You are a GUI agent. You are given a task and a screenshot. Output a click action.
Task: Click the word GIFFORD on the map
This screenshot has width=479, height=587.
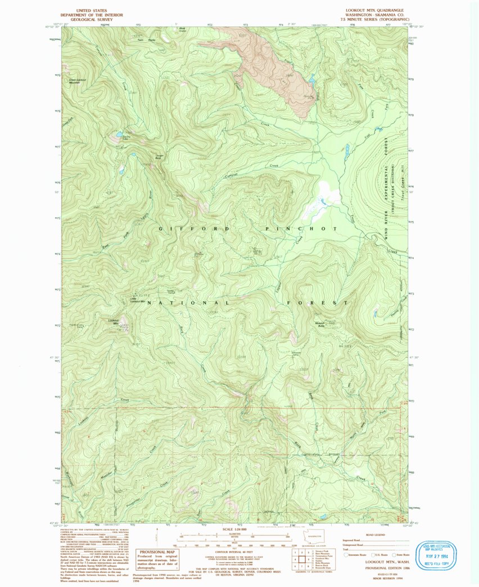pyautogui.click(x=195, y=229)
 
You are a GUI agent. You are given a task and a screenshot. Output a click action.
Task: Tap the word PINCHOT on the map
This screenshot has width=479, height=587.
pyautogui.click(x=301, y=229)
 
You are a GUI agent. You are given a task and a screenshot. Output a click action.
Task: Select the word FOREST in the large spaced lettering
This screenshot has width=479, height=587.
pyautogui.click(x=317, y=303)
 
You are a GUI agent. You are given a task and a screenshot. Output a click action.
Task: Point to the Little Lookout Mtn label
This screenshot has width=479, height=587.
pyautogui.click(x=138, y=301)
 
